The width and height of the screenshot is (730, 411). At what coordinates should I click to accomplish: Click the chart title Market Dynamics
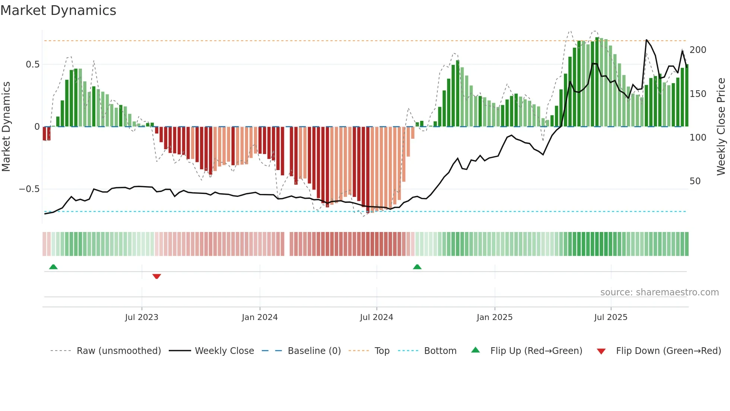tap(58, 10)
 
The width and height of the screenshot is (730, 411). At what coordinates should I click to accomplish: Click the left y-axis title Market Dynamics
tap(6, 126)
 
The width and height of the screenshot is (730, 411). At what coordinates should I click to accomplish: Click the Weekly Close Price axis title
tap(721, 126)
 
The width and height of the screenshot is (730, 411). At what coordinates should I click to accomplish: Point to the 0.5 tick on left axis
tap(32, 65)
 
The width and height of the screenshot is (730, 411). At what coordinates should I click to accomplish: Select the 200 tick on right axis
tap(698, 50)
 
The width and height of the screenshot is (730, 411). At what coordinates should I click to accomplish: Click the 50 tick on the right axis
tap(695, 181)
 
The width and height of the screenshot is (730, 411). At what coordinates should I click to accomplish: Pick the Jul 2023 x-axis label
tap(142, 317)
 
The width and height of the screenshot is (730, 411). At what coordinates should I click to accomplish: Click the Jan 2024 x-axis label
tap(260, 317)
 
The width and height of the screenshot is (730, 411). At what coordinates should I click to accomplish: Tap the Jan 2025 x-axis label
tap(495, 317)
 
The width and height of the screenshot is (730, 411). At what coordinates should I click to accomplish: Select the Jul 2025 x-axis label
tap(610, 317)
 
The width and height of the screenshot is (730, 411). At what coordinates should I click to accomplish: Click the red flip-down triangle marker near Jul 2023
tap(156, 276)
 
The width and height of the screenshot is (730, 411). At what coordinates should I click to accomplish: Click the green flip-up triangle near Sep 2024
tap(417, 267)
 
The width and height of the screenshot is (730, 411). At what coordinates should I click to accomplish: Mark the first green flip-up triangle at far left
tap(53, 267)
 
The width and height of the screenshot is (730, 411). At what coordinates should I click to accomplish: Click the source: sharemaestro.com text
tap(659, 292)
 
